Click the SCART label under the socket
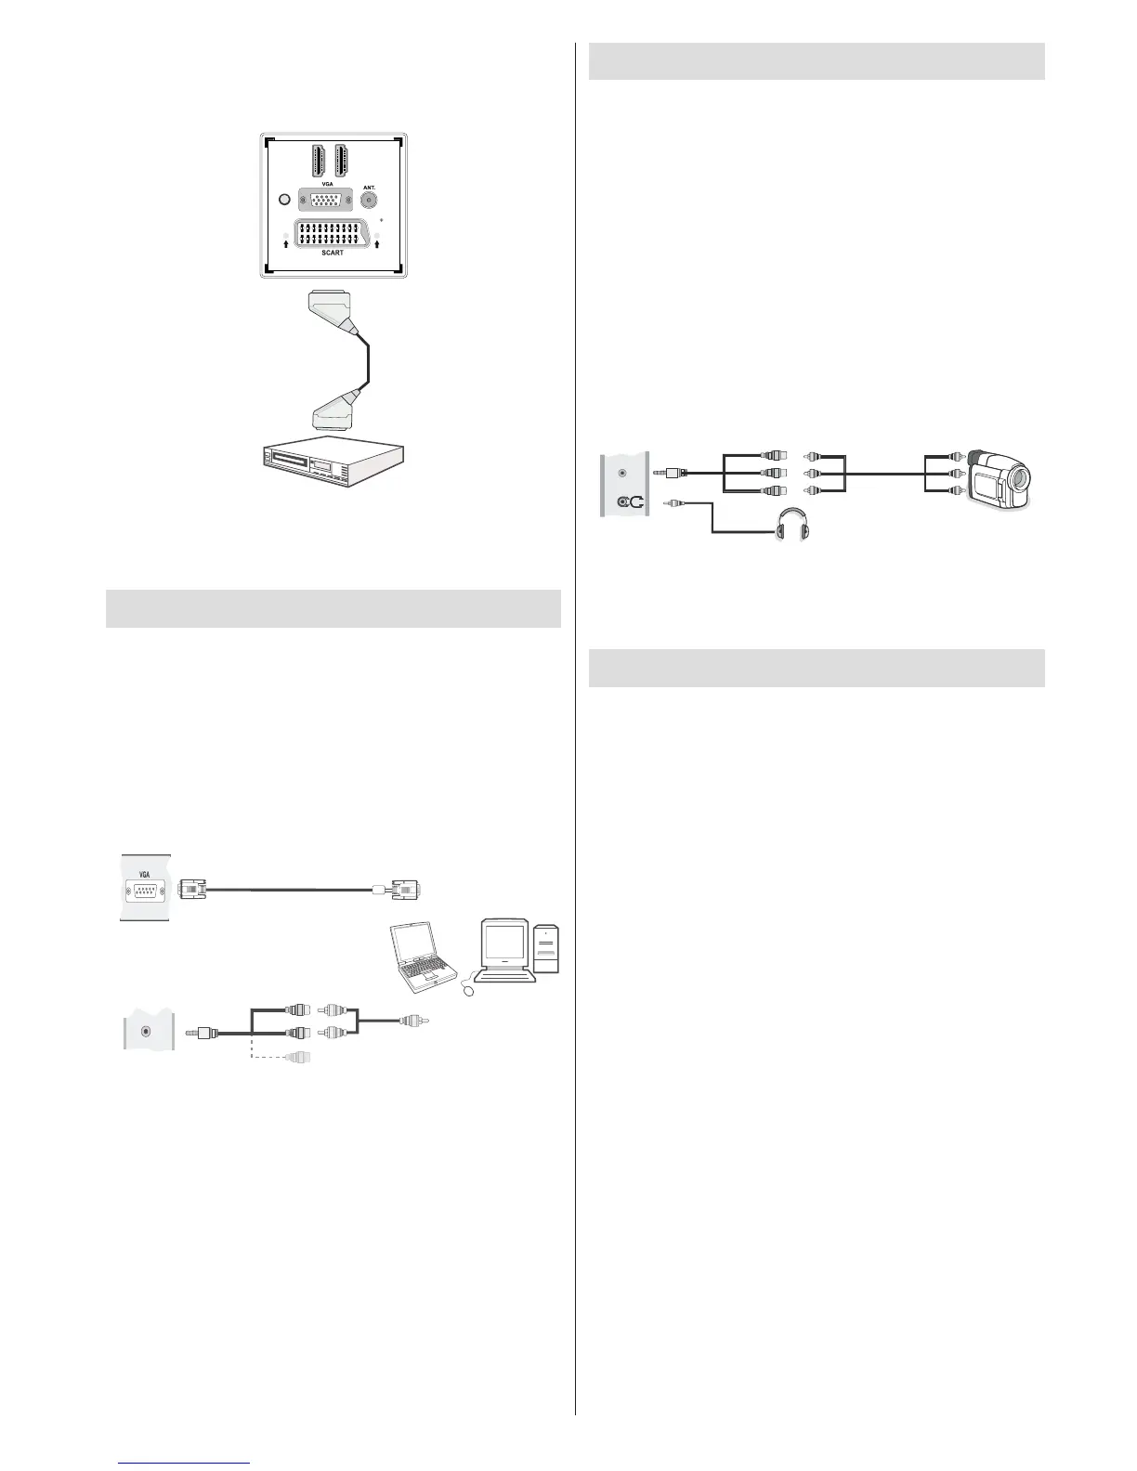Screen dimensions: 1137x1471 pyautogui.click(x=333, y=253)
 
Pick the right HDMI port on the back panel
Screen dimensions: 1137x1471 pyautogui.click(x=341, y=162)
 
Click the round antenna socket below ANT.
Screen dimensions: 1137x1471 pyautogui.click(x=370, y=200)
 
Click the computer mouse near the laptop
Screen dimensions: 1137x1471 pyautogui.click(x=466, y=991)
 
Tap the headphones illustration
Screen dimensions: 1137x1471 pyautogui.click(x=791, y=531)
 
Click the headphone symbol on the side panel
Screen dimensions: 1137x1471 pyautogui.click(x=630, y=502)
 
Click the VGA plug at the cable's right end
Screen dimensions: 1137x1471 pyautogui.click(x=406, y=889)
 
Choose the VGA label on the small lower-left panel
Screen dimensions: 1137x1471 pyautogui.click(x=144, y=874)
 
